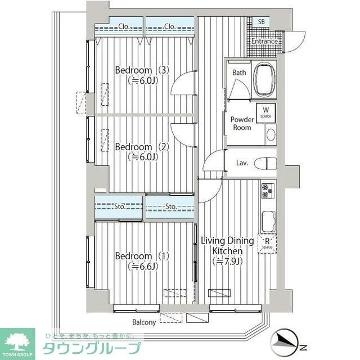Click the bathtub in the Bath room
pos(263,80)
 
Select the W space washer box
pos(265,112)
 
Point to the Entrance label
pos(264,41)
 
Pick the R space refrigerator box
pos(267,242)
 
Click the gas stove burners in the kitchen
pos(267,191)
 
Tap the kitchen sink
pos(267,219)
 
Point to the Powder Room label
pos(242,123)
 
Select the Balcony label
pos(144,322)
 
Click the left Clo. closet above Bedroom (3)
pos(119,26)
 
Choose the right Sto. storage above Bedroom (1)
pos(170,206)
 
